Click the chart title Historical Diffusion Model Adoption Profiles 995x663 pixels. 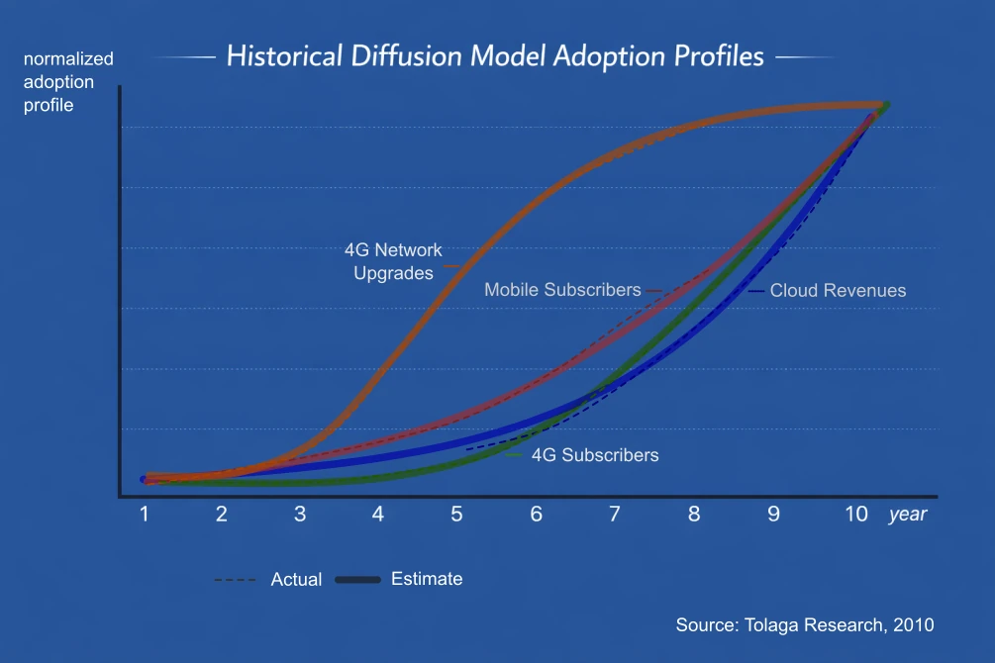pos(495,55)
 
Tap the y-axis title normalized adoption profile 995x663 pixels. pos(68,81)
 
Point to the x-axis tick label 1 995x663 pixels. pos(145,515)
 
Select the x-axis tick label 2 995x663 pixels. pos(222,515)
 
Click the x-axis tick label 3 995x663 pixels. pos(299,515)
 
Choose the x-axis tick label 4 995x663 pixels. pos(377,515)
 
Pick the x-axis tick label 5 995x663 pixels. pos(456,515)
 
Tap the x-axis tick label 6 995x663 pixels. pos(536,515)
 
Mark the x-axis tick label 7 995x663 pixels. pos(615,515)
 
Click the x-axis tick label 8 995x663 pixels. pos(694,515)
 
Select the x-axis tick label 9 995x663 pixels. pos(773,515)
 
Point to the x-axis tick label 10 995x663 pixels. pos(856,515)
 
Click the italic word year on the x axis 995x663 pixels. pos(908,515)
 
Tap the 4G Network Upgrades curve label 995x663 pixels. pos(393,262)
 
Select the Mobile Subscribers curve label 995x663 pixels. pos(562,290)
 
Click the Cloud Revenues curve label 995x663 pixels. pos(838,290)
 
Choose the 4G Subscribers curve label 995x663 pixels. pos(594,455)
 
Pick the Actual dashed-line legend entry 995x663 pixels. pos(295,580)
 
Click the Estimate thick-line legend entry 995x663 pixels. pos(426,579)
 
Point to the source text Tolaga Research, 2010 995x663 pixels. pos(805,625)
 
